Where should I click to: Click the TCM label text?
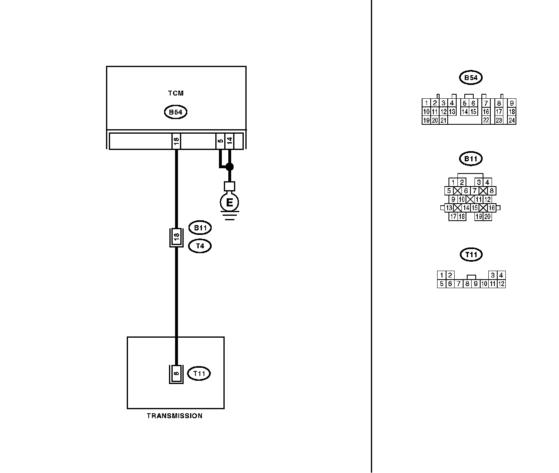[x=175, y=93]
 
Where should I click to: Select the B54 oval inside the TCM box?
[x=175, y=112]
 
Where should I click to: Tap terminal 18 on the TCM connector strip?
[x=176, y=141]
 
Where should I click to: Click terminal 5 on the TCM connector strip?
[x=220, y=141]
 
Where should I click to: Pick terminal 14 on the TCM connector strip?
[x=230, y=141]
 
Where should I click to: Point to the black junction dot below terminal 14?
[x=230, y=166]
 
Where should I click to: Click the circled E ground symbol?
[x=230, y=202]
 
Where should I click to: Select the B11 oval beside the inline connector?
[x=200, y=228]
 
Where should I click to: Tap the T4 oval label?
[x=200, y=246]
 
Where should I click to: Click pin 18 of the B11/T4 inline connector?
[x=176, y=237]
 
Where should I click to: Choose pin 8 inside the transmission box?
[x=176, y=373]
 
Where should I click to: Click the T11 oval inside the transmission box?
[x=199, y=373]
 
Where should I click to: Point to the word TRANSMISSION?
[x=175, y=416]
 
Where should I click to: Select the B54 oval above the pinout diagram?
[x=471, y=78]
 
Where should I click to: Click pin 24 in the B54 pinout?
[x=511, y=120]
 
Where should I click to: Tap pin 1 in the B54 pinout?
[x=426, y=103]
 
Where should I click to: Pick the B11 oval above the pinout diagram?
[x=471, y=158]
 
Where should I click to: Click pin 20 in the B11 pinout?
[x=487, y=217]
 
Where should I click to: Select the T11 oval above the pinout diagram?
[x=471, y=255]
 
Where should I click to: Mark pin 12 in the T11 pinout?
[x=501, y=284]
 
